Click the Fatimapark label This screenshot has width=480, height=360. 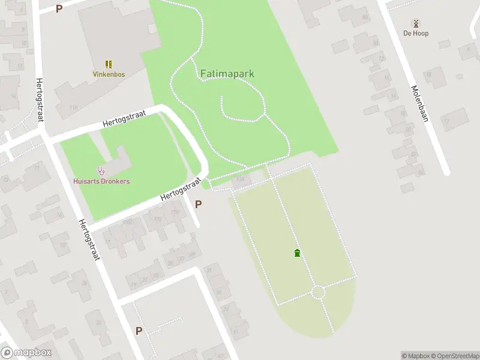coord(227,74)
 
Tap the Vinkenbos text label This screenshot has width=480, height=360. coord(109,74)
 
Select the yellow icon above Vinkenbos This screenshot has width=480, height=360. coord(109,64)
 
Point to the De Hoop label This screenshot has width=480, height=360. coord(416,34)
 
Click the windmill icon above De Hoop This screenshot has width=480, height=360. coord(416,23)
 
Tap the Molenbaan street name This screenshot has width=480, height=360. coord(419,104)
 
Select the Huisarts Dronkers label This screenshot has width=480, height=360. coord(101,181)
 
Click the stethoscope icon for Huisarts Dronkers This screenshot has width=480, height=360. coord(101,171)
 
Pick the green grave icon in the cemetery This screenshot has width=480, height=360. coord(297,253)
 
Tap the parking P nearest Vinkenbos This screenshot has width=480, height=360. coord(59,8)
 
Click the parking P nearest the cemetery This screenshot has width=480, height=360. coord(199,204)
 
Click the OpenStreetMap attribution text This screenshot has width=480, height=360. coord(455,356)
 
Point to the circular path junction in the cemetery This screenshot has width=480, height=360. coord(318,292)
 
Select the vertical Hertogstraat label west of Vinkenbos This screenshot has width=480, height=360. coord(40,100)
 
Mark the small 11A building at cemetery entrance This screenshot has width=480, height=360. coord(242,179)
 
